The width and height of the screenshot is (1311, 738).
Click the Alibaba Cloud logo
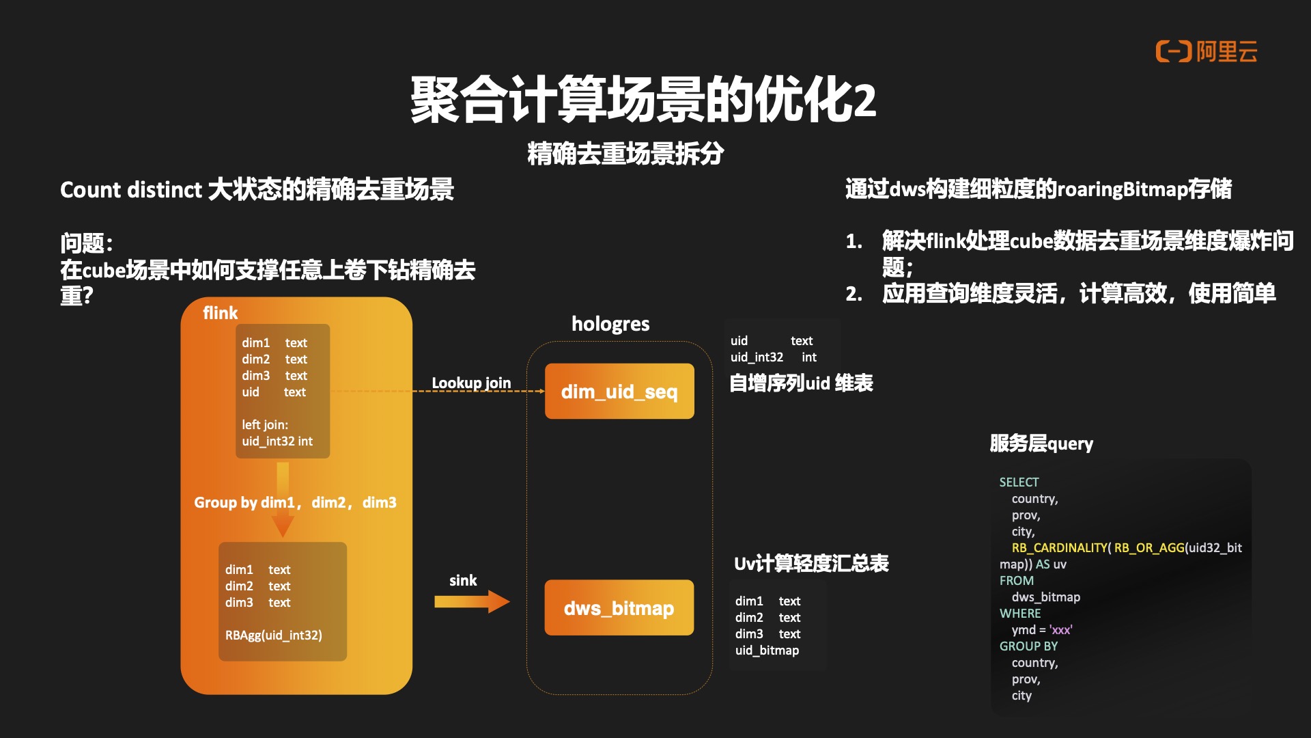click(x=1206, y=51)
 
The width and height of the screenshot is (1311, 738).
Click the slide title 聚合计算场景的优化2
click(x=643, y=100)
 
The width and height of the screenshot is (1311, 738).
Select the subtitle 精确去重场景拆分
click(x=625, y=154)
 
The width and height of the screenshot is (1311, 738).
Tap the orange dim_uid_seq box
click(x=619, y=392)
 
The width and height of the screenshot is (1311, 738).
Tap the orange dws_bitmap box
click(x=619, y=607)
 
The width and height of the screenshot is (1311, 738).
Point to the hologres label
click(x=610, y=324)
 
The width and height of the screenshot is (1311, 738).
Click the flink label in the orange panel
click(x=220, y=313)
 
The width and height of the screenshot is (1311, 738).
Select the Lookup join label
click(x=471, y=383)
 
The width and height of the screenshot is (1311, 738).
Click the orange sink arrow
click(x=472, y=602)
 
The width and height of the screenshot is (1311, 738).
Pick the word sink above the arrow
click(x=463, y=581)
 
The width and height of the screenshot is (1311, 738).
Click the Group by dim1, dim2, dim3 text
click(x=295, y=503)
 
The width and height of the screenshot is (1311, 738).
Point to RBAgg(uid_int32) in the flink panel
click(x=274, y=635)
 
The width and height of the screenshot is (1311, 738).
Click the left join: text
click(x=265, y=425)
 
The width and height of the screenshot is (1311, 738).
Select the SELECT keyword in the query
click(x=1019, y=482)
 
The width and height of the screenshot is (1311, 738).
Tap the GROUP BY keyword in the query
click(x=1028, y=646)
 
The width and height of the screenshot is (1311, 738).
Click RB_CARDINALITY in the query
click(x=1059, y=548)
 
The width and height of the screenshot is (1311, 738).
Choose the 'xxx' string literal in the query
click(x=1060, y=630)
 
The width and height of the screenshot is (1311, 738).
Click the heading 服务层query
click(x=1041, y=443)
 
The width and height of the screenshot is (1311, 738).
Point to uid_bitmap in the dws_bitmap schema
click(x=767, y=651)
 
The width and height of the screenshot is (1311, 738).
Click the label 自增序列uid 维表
click(x=801, y=383)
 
